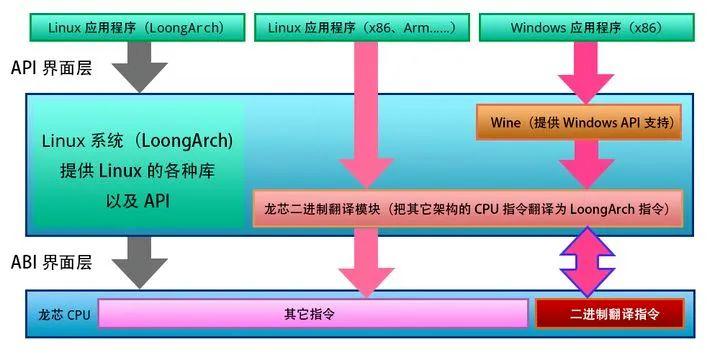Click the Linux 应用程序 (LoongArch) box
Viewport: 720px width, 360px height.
(130, 27)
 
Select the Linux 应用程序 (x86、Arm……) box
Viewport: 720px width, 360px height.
(361, 27)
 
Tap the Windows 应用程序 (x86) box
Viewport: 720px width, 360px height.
(585, 27)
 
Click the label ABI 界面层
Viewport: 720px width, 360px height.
(51, 263)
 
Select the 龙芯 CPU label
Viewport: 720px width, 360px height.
(64, 314)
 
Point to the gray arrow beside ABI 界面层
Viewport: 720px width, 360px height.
(136, 262)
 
